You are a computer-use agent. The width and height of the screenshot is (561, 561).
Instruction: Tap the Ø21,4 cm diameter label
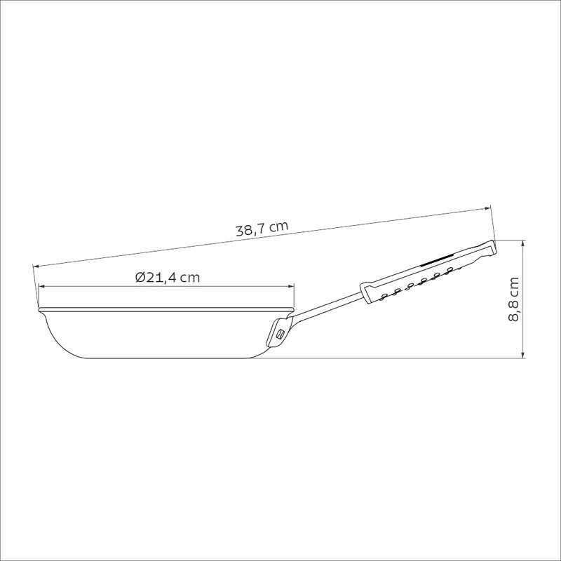point(168,277)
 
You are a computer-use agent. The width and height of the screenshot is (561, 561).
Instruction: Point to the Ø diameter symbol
point(140,277)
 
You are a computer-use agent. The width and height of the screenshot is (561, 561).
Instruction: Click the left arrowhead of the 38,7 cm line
point(35,266)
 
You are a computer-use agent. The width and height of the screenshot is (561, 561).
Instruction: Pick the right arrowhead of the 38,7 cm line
point(488,208)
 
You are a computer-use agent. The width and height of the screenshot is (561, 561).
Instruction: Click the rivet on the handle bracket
point(280,334)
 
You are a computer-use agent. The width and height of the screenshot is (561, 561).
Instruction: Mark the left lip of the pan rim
point(40,309)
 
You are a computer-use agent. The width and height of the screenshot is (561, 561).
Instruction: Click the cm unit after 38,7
point(278,226)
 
